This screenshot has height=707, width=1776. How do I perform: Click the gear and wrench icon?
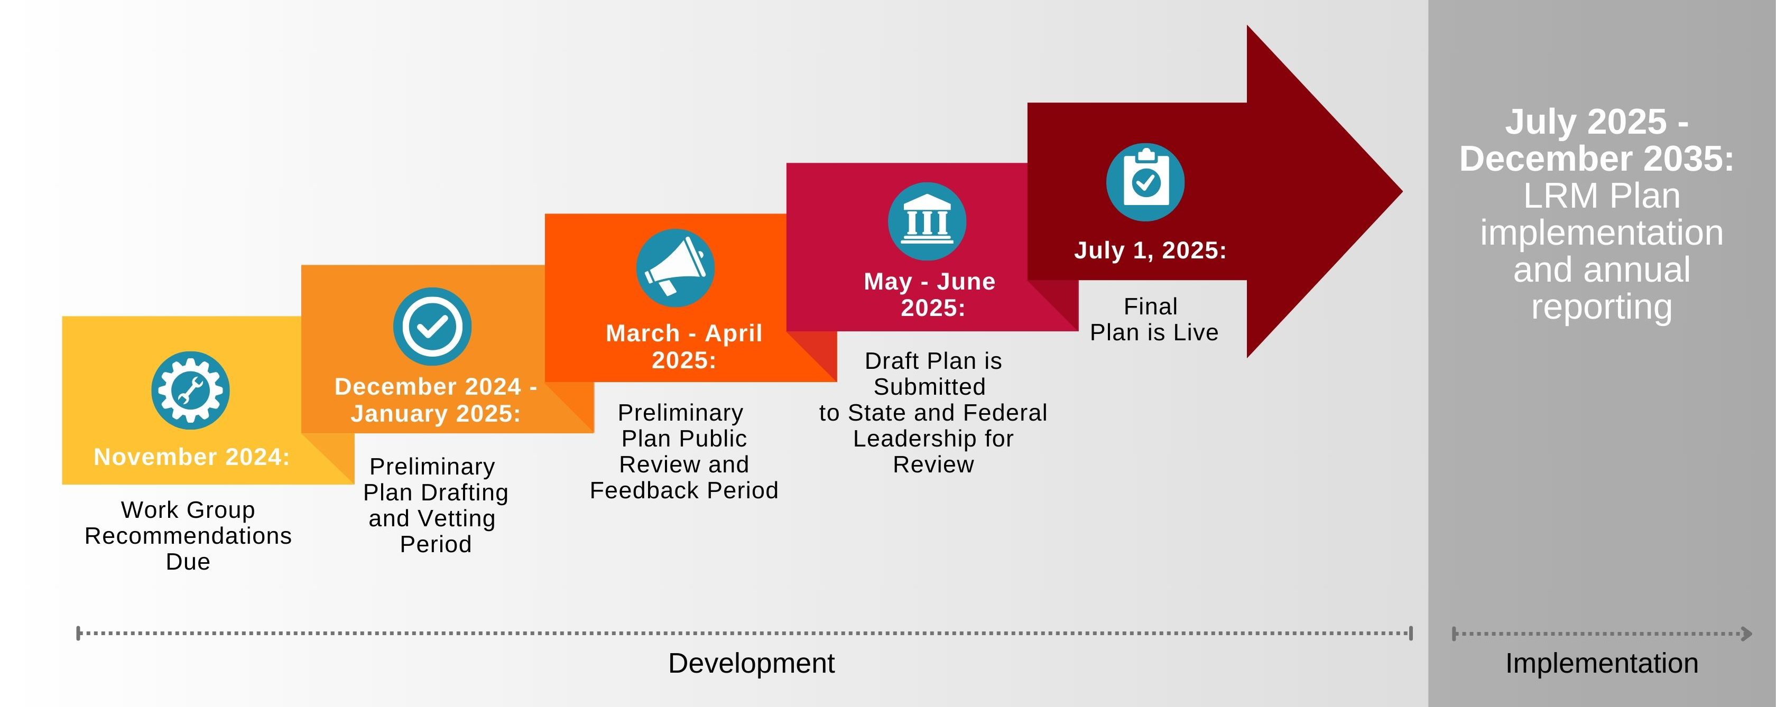[190, 390]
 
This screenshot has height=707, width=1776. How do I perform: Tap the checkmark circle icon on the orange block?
[432, 327]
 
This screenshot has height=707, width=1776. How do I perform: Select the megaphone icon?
[675, 268]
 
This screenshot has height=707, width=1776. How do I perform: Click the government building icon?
[927, 221]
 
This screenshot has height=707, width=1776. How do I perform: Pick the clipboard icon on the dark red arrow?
[1145, 182]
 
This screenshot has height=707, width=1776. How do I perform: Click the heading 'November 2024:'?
[192, 457]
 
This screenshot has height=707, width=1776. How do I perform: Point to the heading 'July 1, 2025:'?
[1150, 250]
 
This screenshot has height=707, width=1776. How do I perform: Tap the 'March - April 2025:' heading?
[684, 347]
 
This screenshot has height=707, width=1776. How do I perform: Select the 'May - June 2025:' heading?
[930, 294]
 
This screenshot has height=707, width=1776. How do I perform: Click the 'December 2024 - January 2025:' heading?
[436, 399]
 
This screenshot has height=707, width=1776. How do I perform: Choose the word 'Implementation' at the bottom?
[1601, 664]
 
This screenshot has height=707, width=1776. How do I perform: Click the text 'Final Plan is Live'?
[1153, 319]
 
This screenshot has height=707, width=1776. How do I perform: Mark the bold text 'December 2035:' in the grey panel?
[1597, 159]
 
